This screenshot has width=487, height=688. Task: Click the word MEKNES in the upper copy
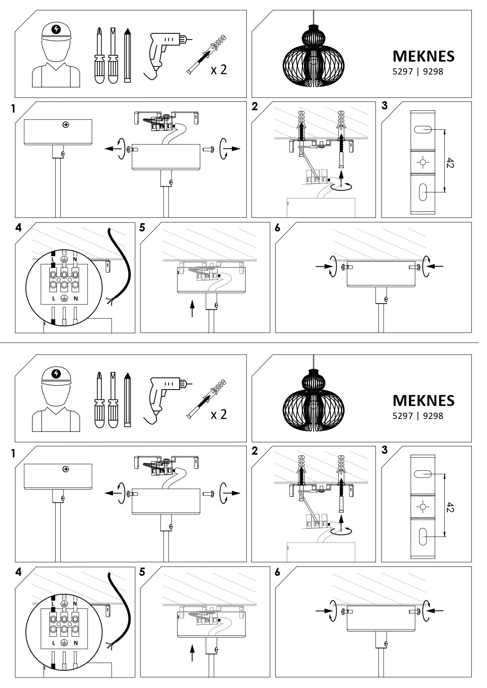coord(423,56)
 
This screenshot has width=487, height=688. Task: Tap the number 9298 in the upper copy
coord(433,72)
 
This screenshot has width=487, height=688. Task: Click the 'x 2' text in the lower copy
coord(219,414)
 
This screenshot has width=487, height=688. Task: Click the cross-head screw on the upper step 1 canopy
coord(66,125)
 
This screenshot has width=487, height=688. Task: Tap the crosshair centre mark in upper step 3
coord(423,162)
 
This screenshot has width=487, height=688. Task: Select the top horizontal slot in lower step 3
coord(423,474)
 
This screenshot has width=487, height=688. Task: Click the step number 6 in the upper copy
coord(277,228)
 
